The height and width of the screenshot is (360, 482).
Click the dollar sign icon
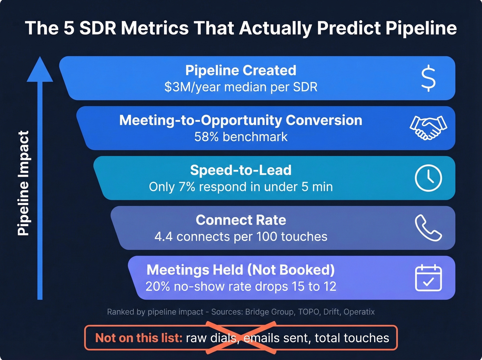tap(428, 78)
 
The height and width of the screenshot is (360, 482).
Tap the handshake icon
tap(428, 128)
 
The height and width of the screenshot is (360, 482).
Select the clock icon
tap(428, 178)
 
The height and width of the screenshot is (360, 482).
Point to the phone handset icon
tap(428, 228)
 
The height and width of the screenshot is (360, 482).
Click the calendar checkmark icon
tap(428, 278)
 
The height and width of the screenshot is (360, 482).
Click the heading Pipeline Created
tap(241, 70)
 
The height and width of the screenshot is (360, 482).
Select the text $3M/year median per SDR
tap(241, 87)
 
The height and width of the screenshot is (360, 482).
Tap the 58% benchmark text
tap(241, 137)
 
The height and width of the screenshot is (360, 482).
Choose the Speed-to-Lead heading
tap(241, 170)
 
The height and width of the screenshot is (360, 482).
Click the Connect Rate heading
tap(241, 220)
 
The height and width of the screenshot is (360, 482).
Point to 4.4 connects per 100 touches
tap(241, 237)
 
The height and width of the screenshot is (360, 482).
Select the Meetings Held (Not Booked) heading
tap(241, 270)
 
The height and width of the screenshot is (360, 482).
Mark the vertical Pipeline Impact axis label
tap(23, 183)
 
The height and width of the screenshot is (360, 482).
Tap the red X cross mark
tap(241, 338)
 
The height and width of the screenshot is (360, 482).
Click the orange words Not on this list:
tap(138, 338)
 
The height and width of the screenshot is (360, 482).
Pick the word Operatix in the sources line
tap(359, 312)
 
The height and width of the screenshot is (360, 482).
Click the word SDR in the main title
tap(98, 28)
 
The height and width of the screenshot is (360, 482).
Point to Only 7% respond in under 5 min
tap(241, 187)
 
